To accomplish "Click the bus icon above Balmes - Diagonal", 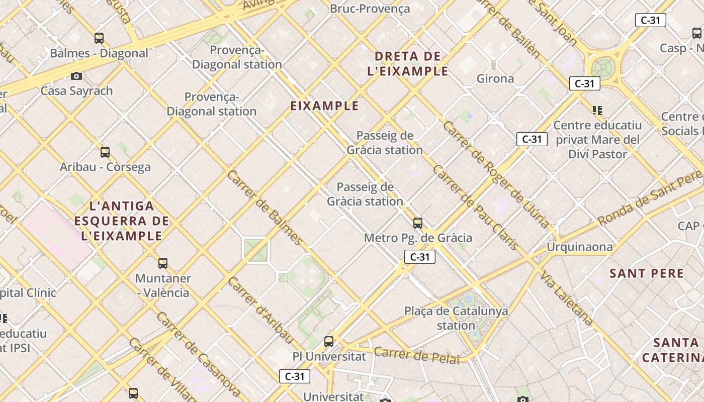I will [99, 38].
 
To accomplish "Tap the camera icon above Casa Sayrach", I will [76, 76].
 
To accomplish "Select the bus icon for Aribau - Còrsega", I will [105, 152].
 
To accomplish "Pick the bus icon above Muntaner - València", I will [163, 263].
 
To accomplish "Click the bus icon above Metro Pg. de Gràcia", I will [418, 223].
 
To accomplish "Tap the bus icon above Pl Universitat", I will [329, 341].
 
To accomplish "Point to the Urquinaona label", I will [580, 247].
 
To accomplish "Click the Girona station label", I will [495, 78].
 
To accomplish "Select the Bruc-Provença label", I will [370, 9].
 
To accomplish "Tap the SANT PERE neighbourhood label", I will [647, 273].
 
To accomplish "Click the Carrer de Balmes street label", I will [265, 208].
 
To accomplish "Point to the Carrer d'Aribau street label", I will [260, 310].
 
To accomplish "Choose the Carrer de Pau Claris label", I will [475, 207].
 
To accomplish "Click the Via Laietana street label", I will [567, 298].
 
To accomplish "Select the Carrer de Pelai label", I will [417, 355].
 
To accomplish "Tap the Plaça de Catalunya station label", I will [456, 318].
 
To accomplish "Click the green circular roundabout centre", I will [603, 67].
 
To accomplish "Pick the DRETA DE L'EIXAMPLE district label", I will [408, 64].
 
